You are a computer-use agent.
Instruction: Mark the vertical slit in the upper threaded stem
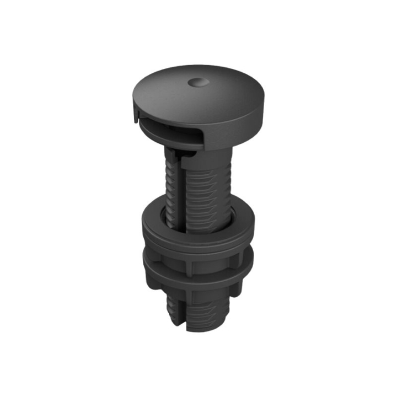[x=178, y=187]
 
